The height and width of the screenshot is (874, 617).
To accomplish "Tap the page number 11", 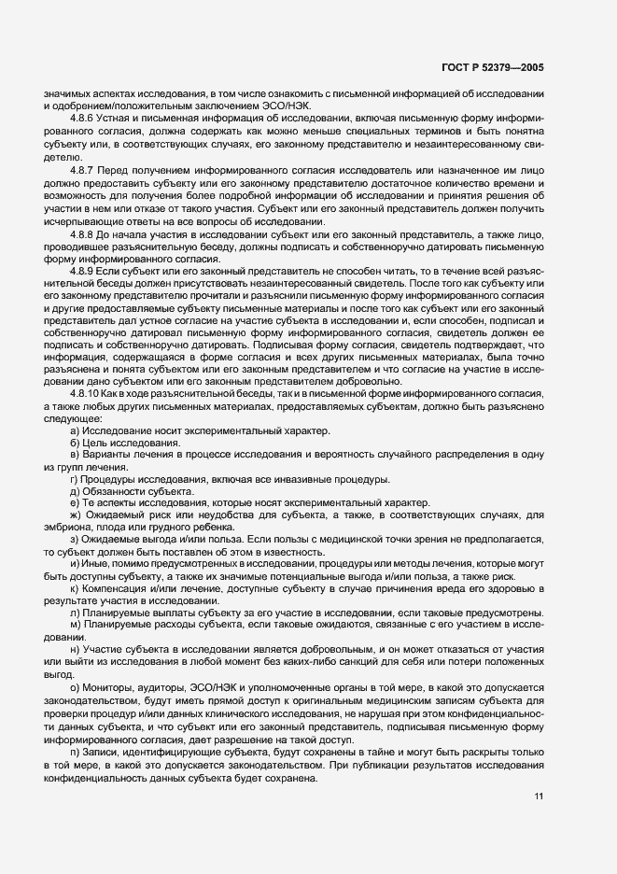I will [x=539, y=796].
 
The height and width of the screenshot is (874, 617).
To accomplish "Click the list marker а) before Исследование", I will [x=74, y=456].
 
